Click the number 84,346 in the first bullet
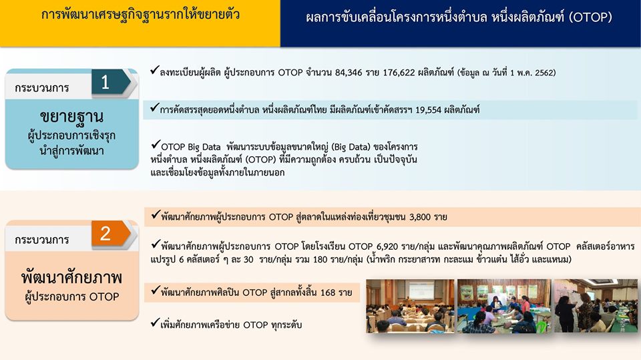pyautogui.click(x=349, y=73)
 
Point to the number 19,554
pyautogui.click(x=428, y=110)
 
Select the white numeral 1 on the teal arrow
pyautogui.click(x=105, y=83)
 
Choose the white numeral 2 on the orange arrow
pyautogui.click(x=105, y=234)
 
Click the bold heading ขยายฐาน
pyautogui.click(x=71, y=117)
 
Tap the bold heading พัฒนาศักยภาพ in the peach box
pyautogui.click(x=71, y=277)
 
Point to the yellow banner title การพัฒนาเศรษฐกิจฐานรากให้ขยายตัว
pyautogui.click(x=140, y=15)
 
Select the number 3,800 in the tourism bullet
pyautogui.click(x=420, y=217)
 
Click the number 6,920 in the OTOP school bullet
pyautogui.click(x=387, y=246)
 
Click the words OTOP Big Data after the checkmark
pyautogui.click(x=190, y=147)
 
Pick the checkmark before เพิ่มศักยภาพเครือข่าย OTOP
pyautogui.click(x=154, y=323)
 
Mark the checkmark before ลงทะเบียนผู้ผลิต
pyautogui.click(x=154, y=70)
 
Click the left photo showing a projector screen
pyautogui.click(x=410, y=306)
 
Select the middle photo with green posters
pyautogui.click(x=504, y=306)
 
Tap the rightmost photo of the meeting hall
pyautogui.click(x=596, y=306)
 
